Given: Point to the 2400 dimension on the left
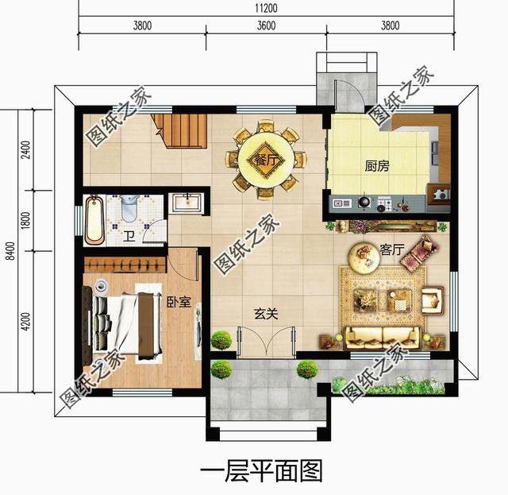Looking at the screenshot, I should click(x=25, y=149).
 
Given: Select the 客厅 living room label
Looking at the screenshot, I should click(x=392, y=250).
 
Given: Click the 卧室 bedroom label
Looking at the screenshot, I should click(x=176, y=302).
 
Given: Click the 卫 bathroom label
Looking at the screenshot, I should click(x=129, y=235).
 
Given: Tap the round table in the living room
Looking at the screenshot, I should click(x=367, y=256).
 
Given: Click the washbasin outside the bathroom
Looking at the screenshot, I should click(x=187, y=203).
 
